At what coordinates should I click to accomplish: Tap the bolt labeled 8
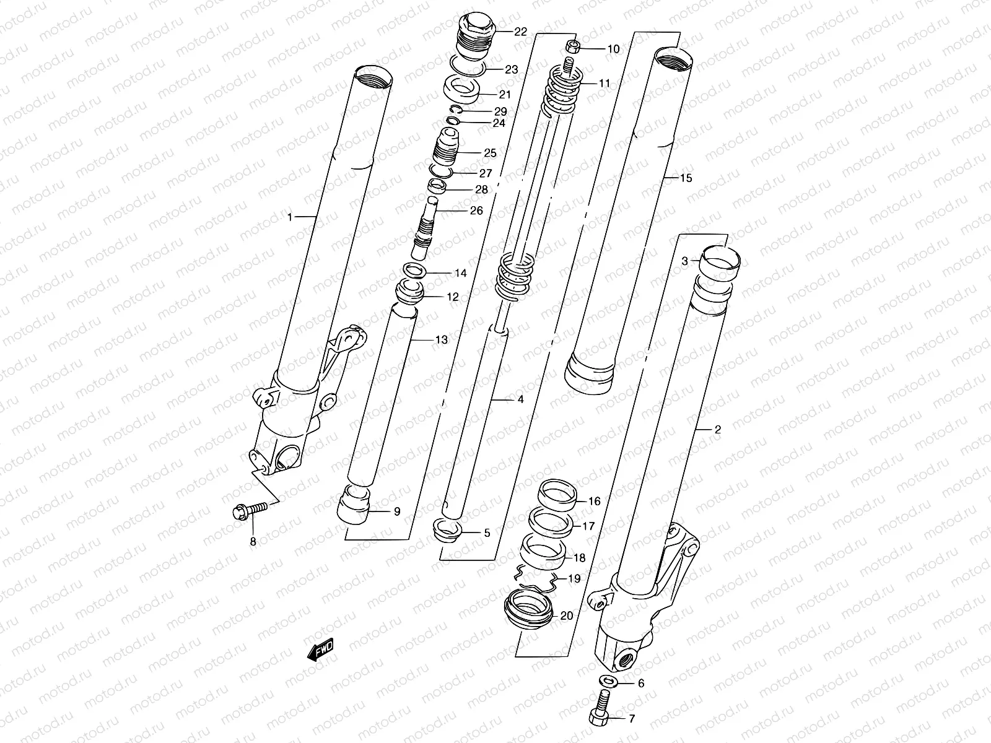click(x=251, y=511)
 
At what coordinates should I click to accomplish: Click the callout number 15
click(x=686, y=178)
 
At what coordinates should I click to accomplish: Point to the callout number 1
click(x=289, y=217)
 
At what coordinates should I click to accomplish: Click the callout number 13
click(x=441, y=340)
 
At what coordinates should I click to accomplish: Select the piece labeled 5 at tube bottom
click(x=447, y=531)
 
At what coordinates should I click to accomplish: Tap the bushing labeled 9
click(x=354, y=503)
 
